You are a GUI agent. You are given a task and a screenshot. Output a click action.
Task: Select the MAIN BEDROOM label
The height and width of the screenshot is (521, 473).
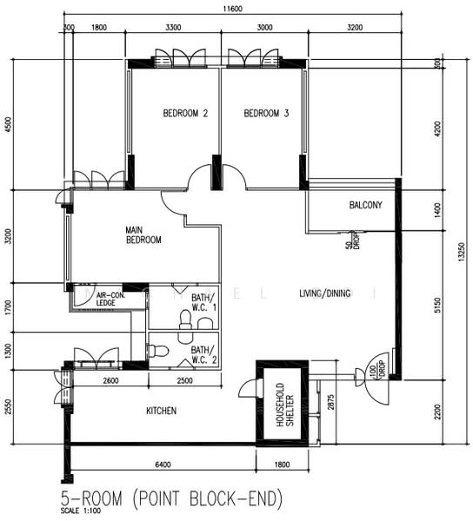coord(143,234)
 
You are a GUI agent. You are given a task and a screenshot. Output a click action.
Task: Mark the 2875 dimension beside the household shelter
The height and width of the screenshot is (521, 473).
coord(331,402)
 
